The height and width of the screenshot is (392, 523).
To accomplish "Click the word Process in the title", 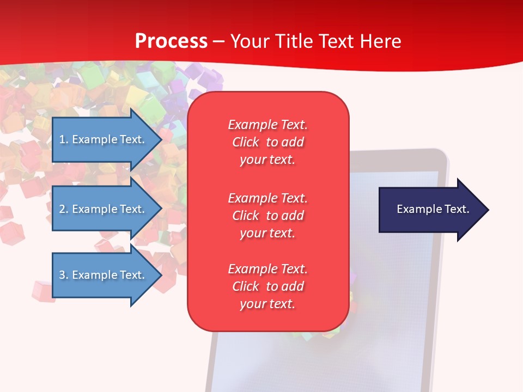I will pos(171,41).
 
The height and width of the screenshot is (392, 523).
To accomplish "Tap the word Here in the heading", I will pos(381,41).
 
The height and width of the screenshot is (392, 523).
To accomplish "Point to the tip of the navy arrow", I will pos(488,210).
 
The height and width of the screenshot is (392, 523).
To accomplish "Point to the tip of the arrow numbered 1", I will pos(161,139).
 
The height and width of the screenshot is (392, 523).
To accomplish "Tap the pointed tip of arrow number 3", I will pos(161,275).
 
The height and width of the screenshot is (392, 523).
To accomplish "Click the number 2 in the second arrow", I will pos(63,209).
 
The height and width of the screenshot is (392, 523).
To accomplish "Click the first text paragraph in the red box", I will pos(267,142).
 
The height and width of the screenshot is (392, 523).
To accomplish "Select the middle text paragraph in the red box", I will pos(267,216).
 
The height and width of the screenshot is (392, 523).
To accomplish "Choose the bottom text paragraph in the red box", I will pos(267,286).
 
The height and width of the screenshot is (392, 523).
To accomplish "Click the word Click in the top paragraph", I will pos(246,142).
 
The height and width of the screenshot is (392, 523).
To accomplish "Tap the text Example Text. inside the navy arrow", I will pos(433,209).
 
